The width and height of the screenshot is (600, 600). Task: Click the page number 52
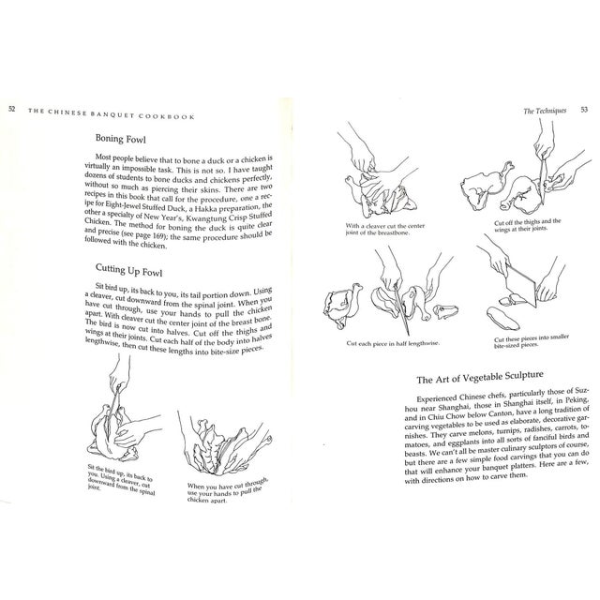click(x=10, y=106)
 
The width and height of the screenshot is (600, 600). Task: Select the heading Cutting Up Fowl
click(x=138, y=270)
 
